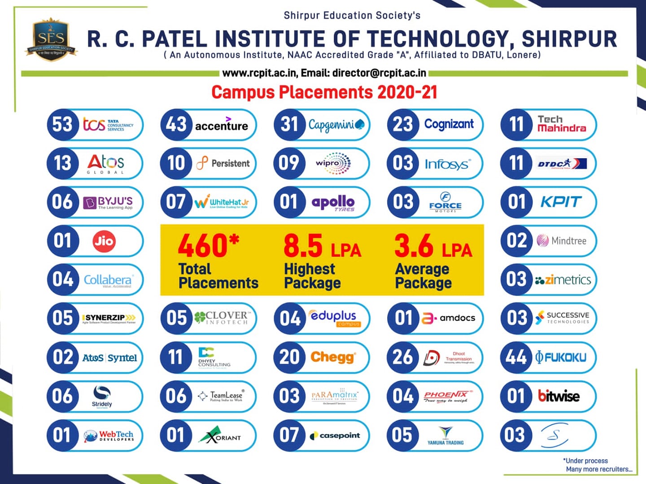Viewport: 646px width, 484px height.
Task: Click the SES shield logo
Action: [51, 39]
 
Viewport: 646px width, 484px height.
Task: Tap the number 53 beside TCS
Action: [62, 124]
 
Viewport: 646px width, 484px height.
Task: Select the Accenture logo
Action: [221, 125]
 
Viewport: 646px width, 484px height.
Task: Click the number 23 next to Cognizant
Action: [402, 124]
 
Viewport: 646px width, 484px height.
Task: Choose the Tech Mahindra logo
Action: [562, 124]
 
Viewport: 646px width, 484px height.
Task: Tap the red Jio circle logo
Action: [104, 241]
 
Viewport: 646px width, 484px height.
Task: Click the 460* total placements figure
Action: [208, 245]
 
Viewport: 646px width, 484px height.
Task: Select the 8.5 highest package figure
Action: [303, 245]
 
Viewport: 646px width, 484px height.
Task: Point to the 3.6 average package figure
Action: [414, 245]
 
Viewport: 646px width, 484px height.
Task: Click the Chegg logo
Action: [333, 357]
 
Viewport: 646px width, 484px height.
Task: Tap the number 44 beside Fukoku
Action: [516, 357]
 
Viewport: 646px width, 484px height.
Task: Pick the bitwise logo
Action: [559, 396]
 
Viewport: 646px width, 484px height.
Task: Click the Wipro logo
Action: [333, 163]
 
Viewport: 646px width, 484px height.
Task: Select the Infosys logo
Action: [447, 164]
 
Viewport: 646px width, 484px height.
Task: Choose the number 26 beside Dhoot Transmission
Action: [402, 357]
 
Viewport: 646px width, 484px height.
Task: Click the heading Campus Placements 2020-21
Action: [324, 92]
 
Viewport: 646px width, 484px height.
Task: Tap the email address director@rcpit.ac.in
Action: [379, 73]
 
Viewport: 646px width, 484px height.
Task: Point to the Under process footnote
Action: [586, 461]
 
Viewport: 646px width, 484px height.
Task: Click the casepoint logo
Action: [336, 435]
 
